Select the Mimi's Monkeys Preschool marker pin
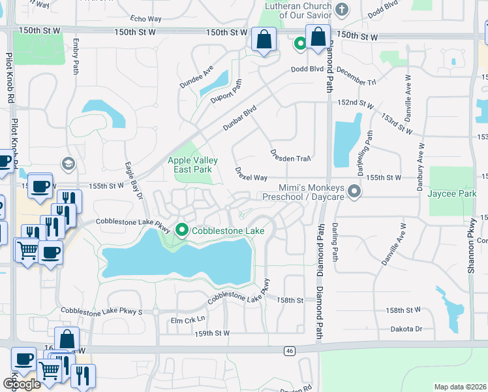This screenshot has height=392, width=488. (354, 191)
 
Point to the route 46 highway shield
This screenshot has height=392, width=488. (289, 351)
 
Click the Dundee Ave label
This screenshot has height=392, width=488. (198, 76)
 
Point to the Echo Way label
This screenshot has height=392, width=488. (145, 20)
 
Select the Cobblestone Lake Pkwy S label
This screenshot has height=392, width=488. (101, 311)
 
